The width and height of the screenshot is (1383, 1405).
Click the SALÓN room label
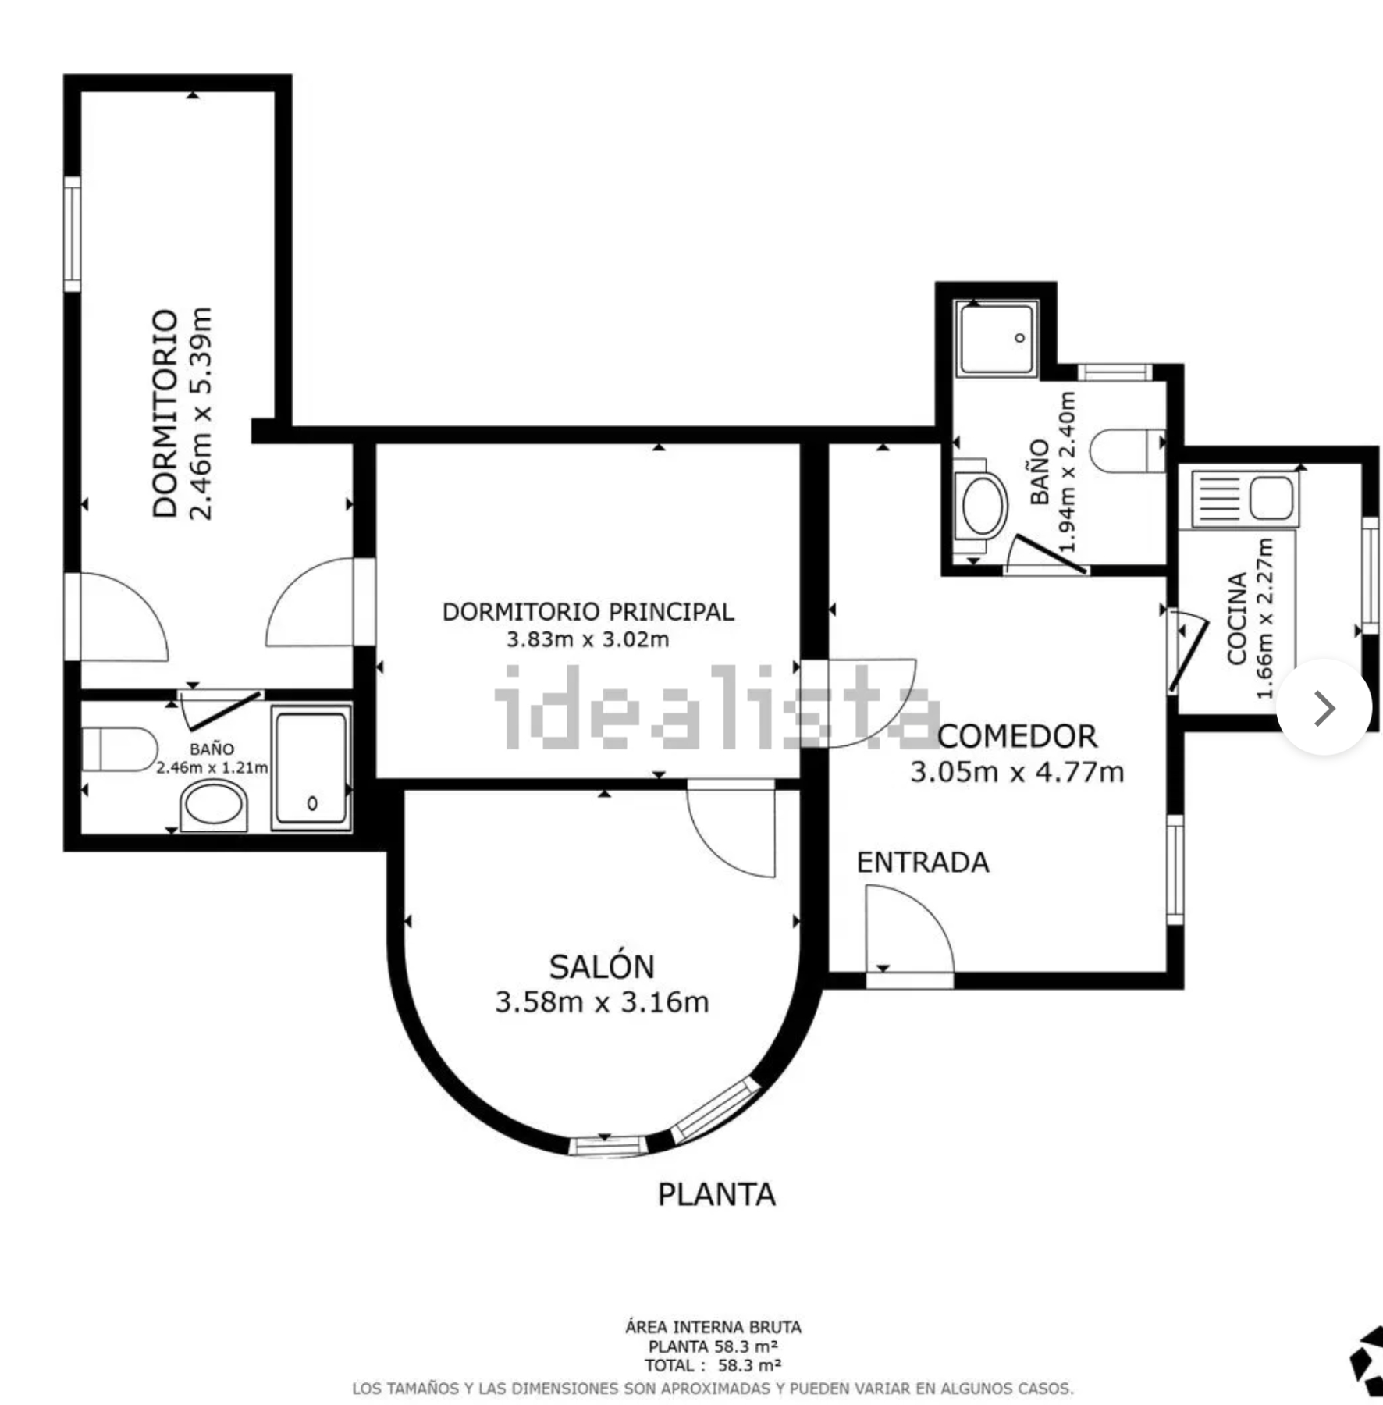tap(601, 966)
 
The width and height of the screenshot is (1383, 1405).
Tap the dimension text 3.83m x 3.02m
tap(588, 639)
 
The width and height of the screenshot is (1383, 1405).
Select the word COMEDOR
tap(1017, 736)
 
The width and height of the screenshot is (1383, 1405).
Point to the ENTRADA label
tap(923, 862)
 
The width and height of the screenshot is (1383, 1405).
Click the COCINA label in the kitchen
tap(1236, 618)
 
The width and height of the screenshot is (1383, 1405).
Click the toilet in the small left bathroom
tap(119, 749)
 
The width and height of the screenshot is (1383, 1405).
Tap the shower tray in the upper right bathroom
tap(997, 339)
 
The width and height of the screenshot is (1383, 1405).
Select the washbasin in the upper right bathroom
tap(982, 507)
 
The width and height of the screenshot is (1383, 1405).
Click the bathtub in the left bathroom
tap(311, 767)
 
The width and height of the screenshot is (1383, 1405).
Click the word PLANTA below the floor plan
tap(716, 1195)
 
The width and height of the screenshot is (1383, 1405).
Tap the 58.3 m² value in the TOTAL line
tap(749, 1365)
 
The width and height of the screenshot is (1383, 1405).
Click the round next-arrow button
tap(1324, 707)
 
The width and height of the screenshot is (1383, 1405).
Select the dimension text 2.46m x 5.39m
tap(201, 414)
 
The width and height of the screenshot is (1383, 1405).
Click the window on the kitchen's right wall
tap(1370, 575)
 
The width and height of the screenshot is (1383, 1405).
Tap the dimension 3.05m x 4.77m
tap(1017, 772)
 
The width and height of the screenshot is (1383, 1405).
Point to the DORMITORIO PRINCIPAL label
tap(588, 612)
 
